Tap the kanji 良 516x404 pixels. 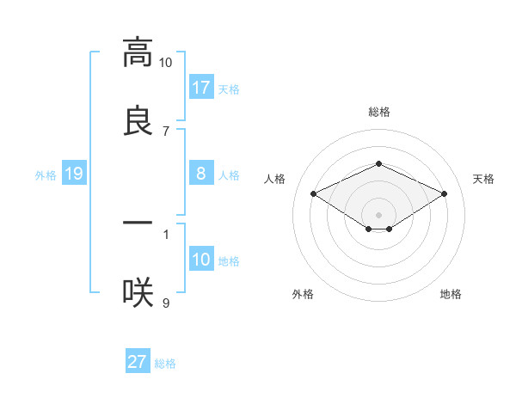[137, 119]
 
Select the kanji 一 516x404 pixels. [137, 223]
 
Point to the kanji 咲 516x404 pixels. [137, 292]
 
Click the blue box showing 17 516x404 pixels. [201, 88]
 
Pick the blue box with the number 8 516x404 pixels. [201, 174]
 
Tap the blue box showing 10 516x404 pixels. [201, 260]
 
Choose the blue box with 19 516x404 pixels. [74, 174]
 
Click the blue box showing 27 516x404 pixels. [138, 363]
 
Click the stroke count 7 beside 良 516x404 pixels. [165, 131]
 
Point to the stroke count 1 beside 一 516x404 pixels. [165, 233]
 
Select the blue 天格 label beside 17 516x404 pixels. [229, 89]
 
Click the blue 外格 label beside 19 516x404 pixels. [46, 175]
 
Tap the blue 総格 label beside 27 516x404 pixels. [165, 364]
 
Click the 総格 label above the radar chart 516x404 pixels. [378, 112]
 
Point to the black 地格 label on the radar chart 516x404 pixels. [451, 294]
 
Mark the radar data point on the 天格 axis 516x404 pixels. [444, 194]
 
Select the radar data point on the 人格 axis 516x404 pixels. [314, 194]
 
